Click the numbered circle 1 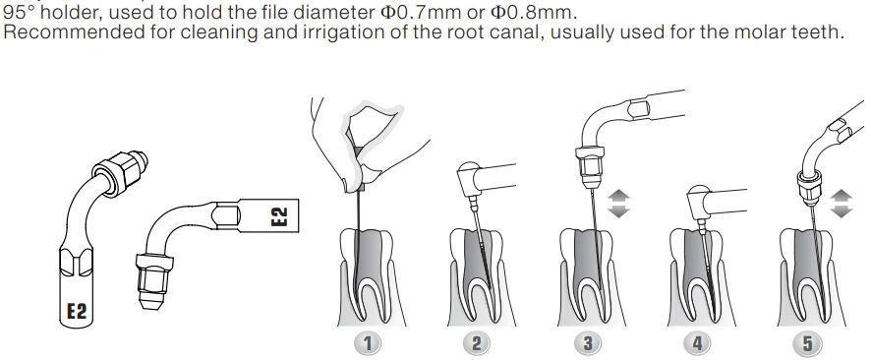[367, 342]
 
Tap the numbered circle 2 [477, 342]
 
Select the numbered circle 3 [588, 342]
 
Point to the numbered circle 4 [698, 342]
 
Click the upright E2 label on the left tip [77, 311]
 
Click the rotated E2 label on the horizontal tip [279, 216]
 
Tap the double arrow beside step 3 [618, 203]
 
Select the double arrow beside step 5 [842, 203]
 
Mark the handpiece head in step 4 [699, 200]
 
